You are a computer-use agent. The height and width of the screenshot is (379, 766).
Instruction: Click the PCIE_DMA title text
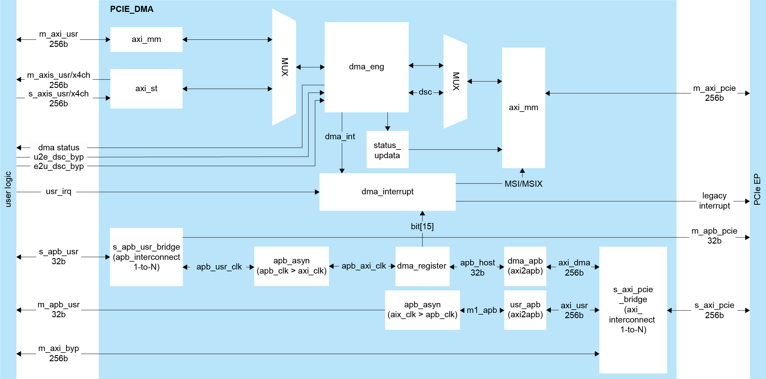coord(131,9)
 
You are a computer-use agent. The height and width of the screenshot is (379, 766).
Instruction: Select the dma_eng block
coord(366,67)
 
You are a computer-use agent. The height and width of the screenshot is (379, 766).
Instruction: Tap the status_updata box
coord(387,150)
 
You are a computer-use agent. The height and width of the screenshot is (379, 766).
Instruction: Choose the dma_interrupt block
coord(387,192)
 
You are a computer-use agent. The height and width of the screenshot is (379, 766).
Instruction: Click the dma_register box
coord(422,266)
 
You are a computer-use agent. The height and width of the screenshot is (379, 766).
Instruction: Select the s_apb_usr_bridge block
coord(146,257)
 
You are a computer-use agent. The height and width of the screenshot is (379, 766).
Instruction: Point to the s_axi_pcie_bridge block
coord(633,309)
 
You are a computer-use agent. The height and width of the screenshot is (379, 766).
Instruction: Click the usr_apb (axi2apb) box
coord(525,310)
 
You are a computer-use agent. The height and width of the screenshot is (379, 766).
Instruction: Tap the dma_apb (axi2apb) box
coord(525,266)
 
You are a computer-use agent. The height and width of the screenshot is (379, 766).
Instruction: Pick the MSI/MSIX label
coord(523,184)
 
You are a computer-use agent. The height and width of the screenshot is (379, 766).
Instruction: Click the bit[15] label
coord(422,227)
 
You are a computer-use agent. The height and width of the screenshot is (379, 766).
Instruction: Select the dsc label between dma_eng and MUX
coord(425,92)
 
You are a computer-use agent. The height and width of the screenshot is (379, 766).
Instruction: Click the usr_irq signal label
coord(59,191)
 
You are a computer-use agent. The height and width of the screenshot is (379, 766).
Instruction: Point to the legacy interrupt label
coord(714,201)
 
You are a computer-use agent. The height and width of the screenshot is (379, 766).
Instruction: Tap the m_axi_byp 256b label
coord(59,353)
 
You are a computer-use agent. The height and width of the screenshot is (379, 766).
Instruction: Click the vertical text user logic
coord(8,189)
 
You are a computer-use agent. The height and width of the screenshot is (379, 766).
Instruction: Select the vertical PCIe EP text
coord(757,189)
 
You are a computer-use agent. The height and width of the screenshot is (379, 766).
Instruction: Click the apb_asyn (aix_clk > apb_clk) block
coord(422,310)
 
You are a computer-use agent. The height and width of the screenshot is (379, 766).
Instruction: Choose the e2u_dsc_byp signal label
coord(59,166)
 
